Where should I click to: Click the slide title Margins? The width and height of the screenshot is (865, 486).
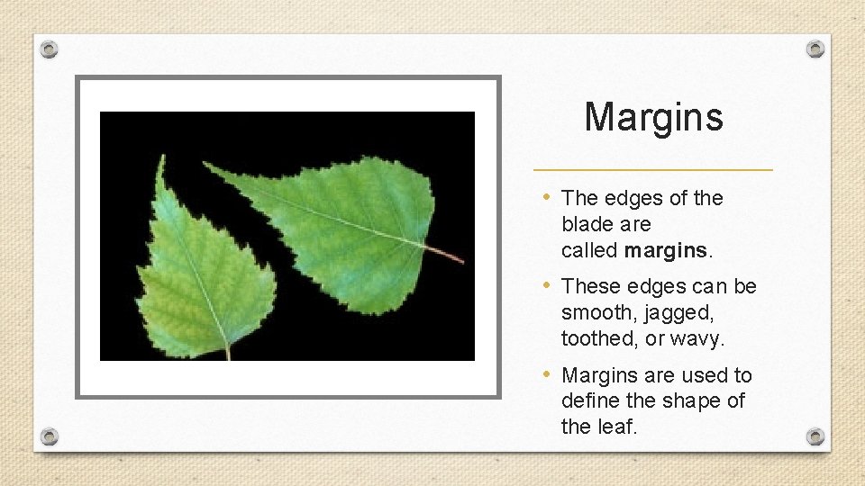click(653, 117)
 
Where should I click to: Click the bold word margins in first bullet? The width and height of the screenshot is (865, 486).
click(665, 249)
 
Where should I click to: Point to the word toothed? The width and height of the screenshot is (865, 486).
click(597, 338)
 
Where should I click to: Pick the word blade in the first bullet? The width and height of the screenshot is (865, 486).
click(587, 223)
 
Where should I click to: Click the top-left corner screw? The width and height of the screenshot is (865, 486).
click(50, 49)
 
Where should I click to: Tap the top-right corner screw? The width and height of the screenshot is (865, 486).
click(815, 49)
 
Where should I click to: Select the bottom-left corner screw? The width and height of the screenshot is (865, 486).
click(50, 436)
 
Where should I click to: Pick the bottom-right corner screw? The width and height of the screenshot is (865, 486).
click(815, 436)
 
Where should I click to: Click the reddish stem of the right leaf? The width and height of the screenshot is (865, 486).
click(447, 256)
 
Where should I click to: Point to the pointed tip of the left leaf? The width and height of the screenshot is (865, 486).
click(162, 159)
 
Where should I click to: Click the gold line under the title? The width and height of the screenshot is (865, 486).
click(653, 169)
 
